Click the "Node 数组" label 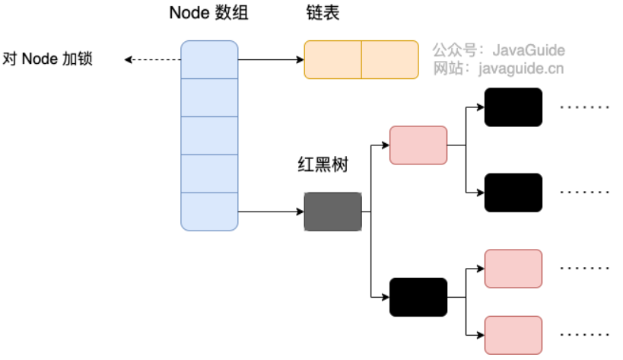(208, 14)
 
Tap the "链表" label (319, 14)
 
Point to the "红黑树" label (323, 165)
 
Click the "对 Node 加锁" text (49, 59)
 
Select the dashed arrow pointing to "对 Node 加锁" (152, 59)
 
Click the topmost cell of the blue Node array (209, 59)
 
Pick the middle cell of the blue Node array (209, 135)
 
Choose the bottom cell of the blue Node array (209, 212)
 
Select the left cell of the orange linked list (332, 59)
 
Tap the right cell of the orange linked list (389, 59)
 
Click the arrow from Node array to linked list (270, 59)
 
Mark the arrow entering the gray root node (270, 212)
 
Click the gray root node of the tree (332, 212)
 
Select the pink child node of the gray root (418, 145)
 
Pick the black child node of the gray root (418, 297)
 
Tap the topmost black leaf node (513, 107)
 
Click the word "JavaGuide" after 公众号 (529, 51)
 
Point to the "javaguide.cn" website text (521, 70)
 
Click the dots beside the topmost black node (585, 107)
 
